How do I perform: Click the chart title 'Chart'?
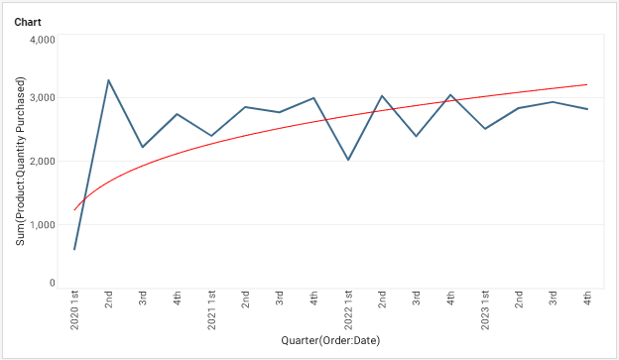[x=28, y=21]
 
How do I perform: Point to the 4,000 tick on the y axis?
[x=40, y=40]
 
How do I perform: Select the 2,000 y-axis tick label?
[x=40, y=162]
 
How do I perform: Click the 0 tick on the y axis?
[x=51, y=284]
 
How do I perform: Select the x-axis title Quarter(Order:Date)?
[x=330, y=341]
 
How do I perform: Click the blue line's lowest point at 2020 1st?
[x=74, y=249]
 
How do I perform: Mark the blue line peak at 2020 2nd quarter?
[x=108, y=80]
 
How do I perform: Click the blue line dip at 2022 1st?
[x=348, y=160]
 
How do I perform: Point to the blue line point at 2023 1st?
[x=485, y=129]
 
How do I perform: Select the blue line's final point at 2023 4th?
[x=587, y=109]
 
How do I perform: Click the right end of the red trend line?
[x=587, y=84]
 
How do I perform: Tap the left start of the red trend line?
[x=74, y=210]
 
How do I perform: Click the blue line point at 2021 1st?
[x=211, y=136]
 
